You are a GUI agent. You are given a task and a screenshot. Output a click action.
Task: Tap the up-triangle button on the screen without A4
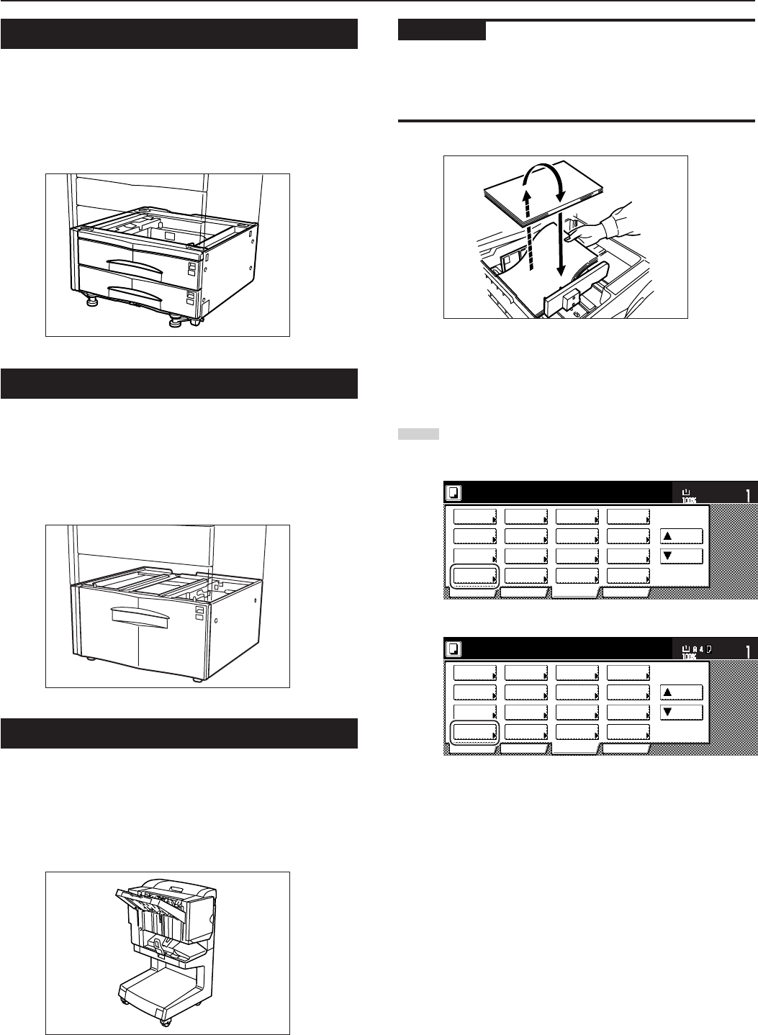[681, 535]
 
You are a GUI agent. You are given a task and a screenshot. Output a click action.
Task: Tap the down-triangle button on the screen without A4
[681, 556]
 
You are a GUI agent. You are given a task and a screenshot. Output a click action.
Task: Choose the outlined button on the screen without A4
[474, 577]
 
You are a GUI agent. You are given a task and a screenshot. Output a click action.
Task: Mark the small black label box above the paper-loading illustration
[441, 31]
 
